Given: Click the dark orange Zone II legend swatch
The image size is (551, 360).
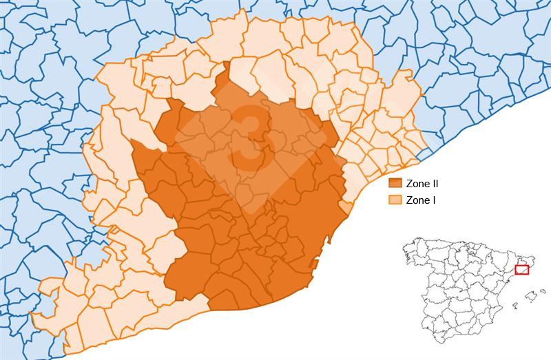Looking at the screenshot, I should click(395, 184).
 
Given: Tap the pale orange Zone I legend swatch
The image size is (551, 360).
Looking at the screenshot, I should click(395, 200).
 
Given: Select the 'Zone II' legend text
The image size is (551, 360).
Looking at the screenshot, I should click(422, 184).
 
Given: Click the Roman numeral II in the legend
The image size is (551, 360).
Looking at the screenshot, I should click(434, 184).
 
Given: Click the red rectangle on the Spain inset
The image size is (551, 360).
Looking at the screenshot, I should click(521, 270).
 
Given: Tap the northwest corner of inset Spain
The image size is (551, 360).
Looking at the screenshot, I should click(404, 246).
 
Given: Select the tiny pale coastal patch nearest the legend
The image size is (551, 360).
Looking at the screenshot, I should click(346, 207).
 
